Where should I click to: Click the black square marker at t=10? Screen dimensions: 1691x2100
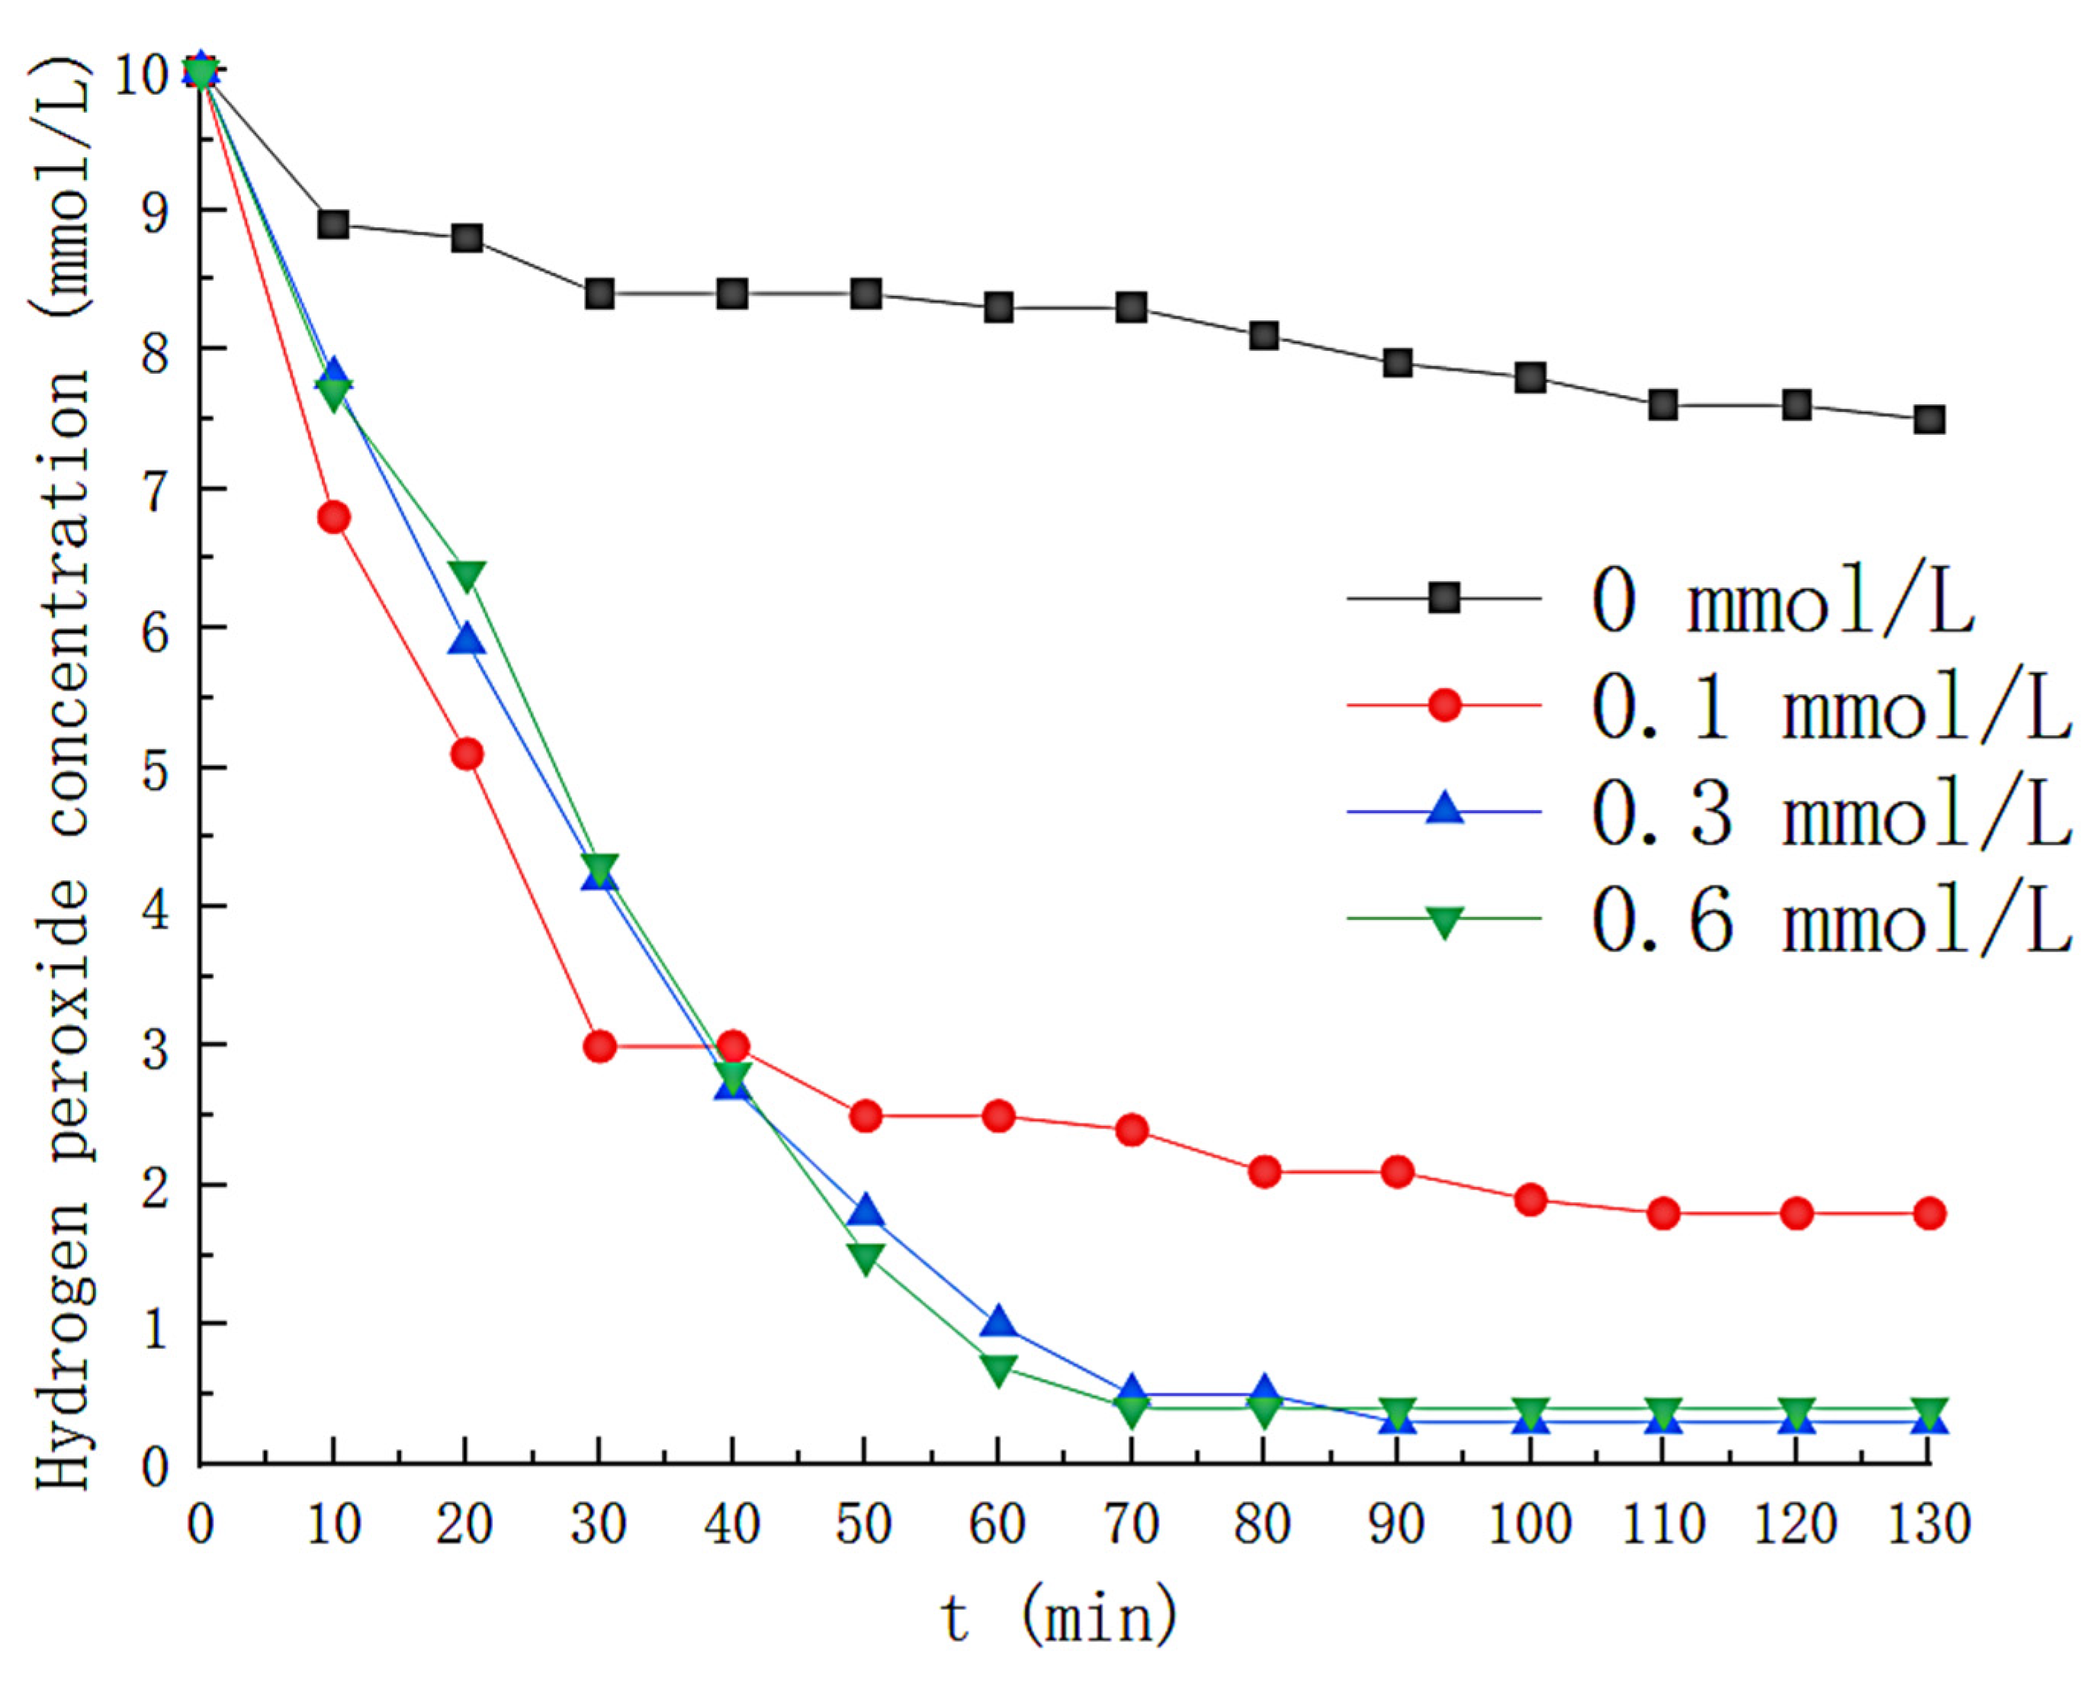(x=333, y=225)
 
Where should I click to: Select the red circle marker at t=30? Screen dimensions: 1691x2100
(x=599, y=1047)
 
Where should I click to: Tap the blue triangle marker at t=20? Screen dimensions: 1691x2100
(x=467, y=641)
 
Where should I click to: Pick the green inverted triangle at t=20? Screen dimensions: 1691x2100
(x=467, y=574)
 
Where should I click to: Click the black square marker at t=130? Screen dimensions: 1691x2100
(x=1929, y=420)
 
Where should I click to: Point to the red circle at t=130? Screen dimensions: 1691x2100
(x=1929, y=1214)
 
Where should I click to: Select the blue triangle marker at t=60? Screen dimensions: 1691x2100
(x=998, y=1325)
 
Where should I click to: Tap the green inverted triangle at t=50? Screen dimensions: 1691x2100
(x=865, y=1256)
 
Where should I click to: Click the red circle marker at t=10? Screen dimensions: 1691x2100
(x=333, y=517)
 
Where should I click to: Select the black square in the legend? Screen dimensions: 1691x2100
(x=1443, y=597)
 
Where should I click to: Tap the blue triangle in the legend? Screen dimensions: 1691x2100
(x=1443, y=809)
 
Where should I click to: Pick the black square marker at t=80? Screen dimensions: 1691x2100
(x=1264, y=336)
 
